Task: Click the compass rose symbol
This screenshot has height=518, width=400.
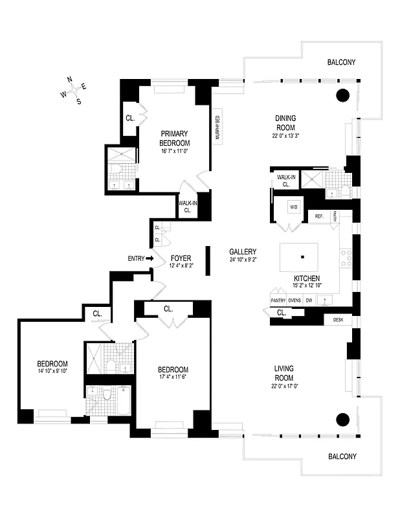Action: coord(73,90)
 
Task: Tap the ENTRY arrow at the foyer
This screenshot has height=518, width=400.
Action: coord(150,258)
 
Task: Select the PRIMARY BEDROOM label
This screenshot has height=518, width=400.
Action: coord(175,139)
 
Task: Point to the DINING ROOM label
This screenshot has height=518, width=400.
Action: coord(285,122)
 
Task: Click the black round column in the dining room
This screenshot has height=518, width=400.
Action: coord(342,96)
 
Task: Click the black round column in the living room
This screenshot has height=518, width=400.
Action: coord(342,419)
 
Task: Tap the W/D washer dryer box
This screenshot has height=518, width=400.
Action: coord(293,208)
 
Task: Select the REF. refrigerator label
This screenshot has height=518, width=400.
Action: coord(319,216)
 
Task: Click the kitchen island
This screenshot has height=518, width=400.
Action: coord(298,258)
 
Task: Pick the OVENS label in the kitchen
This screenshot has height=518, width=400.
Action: coord(294,300)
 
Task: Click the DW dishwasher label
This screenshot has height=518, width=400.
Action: coord(309,300)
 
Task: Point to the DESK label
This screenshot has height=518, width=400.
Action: coord(338,320)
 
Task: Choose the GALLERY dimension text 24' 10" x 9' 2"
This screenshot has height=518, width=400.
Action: coord(243,260)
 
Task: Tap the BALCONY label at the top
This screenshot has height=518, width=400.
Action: coord(340,63)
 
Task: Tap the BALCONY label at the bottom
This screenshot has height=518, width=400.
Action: coord(340,456)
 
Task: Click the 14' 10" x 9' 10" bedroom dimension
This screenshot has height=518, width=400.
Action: coord(52,371)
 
